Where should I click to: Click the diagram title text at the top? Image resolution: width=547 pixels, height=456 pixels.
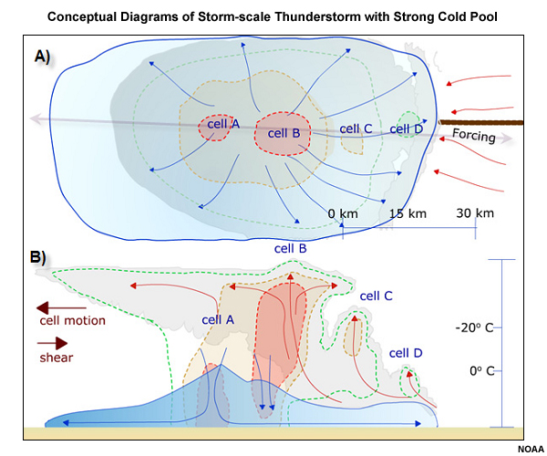(273, 16)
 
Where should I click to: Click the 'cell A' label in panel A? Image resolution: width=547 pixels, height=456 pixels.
(222, 125)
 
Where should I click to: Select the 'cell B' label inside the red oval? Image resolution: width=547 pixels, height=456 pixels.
(284, 133)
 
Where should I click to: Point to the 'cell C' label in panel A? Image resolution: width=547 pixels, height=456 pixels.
(356, 128)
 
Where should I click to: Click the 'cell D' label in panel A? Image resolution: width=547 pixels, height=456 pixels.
(407, 129)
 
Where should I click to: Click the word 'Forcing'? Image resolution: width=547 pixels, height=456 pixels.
(474, 136)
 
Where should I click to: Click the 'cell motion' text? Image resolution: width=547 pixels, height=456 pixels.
(72, 320)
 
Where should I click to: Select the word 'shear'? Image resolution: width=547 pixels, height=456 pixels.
(57, 358)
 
